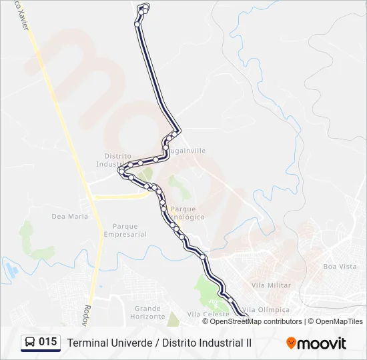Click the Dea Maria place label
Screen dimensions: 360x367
tap(69, 216)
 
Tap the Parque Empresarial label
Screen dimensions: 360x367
tap(125, 230)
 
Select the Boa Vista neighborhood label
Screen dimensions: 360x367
tap(340, 266)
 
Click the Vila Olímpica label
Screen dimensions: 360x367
tap(267, 309)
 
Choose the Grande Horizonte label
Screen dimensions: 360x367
tap(149, 312)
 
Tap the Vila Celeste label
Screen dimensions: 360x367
tap(203, 314)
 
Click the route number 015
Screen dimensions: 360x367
tap(47, 342)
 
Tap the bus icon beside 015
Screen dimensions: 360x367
tap(30, 343)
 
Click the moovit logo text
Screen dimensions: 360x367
tap(322, 343)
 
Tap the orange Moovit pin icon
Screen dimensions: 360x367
tap(291, 343)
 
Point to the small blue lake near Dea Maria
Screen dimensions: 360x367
tap(11, 270)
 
